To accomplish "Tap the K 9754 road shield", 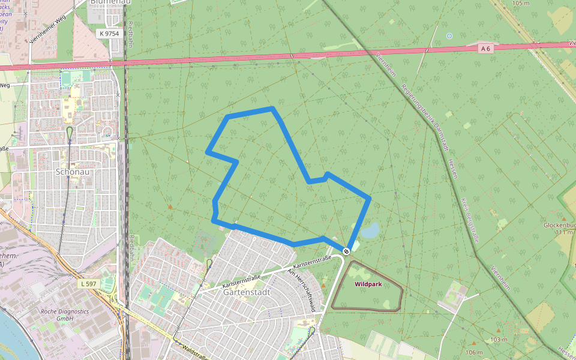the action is pyautogui.click(x=110, y=34).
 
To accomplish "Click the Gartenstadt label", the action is pyautogui.click(x=246, y=292).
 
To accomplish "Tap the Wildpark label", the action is pyautogui.click(x=368, y=284).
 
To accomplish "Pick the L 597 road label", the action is pyautogui.click(x=87, y=283).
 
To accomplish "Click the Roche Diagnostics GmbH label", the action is pyautogui.click(x=65, y=315).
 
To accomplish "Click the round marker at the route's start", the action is pyautogui.click(x=346, y=251).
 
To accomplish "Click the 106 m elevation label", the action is pyautogui.click(x=474, y=352).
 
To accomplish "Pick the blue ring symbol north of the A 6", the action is pyautogui.click(x=449, y=36).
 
